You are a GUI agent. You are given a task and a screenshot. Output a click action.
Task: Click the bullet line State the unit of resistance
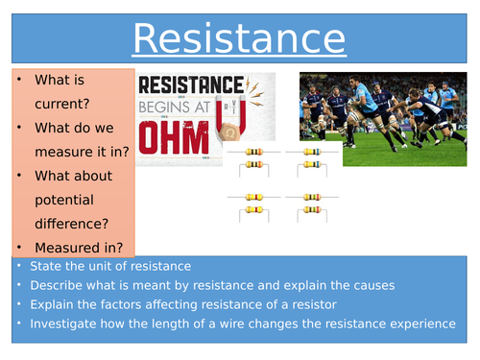point(109,266)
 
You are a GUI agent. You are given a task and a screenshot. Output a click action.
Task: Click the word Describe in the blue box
point(60,285)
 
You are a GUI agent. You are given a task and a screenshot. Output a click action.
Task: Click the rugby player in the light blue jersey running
point(371,110)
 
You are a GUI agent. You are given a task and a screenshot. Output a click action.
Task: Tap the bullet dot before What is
point(19,80)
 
